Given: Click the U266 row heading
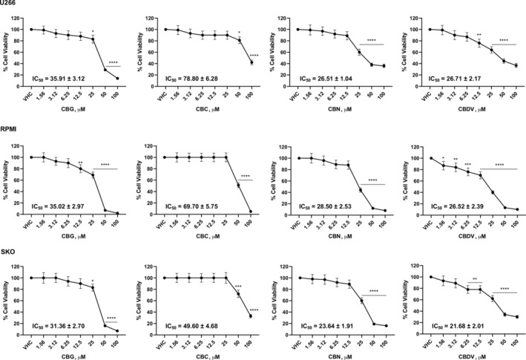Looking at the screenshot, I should [9, 4].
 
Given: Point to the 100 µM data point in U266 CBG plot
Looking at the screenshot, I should [117, 78].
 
